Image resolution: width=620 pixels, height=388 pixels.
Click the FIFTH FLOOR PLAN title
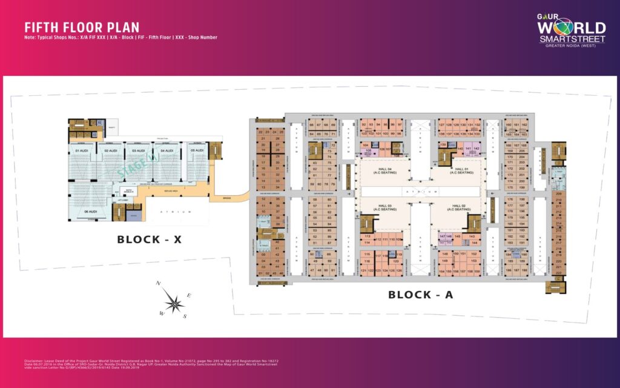click(x=82, y=27)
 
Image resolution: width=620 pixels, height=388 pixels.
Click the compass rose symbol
click(x=174, y=301)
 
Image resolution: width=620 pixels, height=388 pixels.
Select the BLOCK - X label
click(x=149, y=239)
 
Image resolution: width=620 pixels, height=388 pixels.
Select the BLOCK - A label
click(x=420, y=295)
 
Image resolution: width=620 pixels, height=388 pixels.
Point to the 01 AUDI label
click(x=82, y=150)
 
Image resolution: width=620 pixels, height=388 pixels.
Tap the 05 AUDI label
click(x=196, y=150)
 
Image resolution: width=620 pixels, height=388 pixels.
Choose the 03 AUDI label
click(x=139, y=150)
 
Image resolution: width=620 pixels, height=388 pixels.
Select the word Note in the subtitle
click(x=31, y=38)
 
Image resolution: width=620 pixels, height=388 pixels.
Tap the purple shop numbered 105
click(x=368, y=150)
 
